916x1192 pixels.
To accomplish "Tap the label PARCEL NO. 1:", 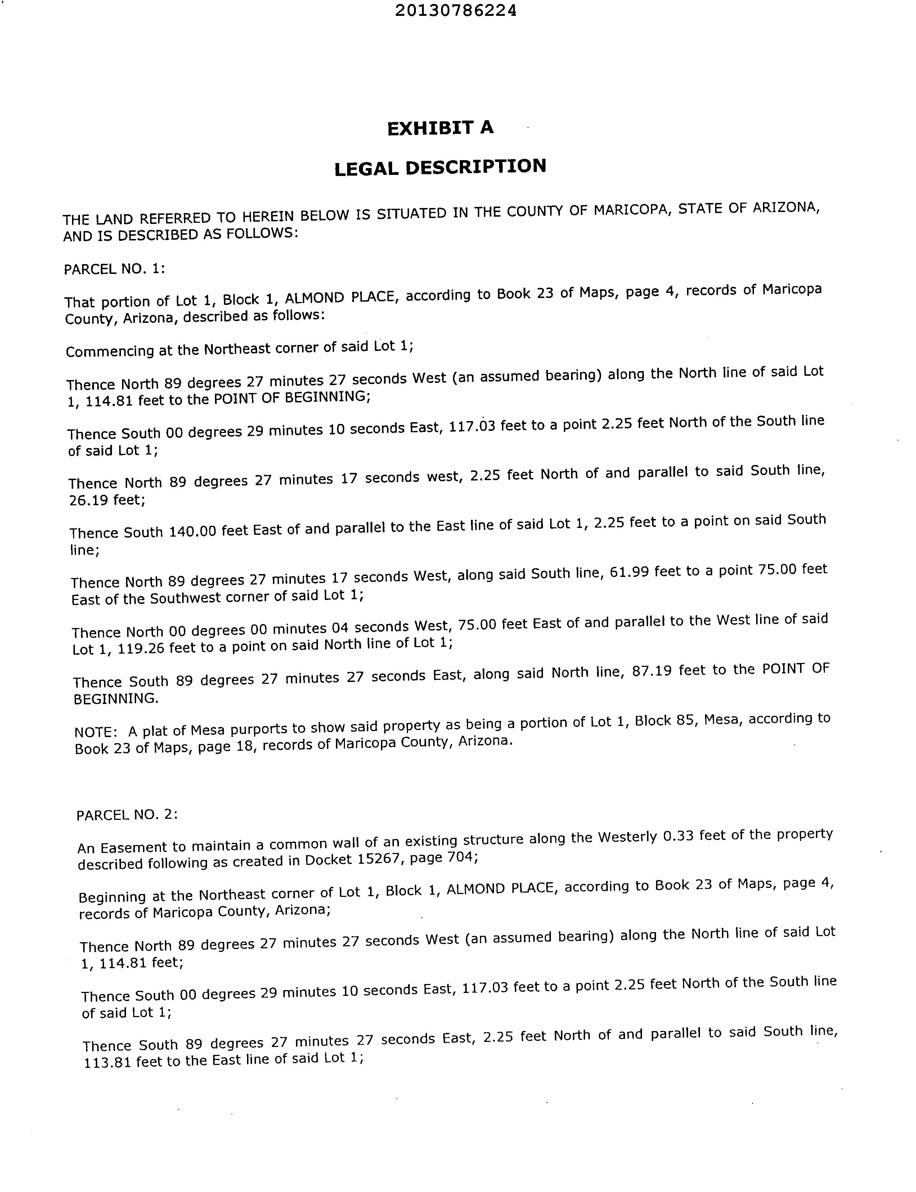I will coord(114,269).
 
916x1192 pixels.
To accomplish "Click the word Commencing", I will coord(110,351).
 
